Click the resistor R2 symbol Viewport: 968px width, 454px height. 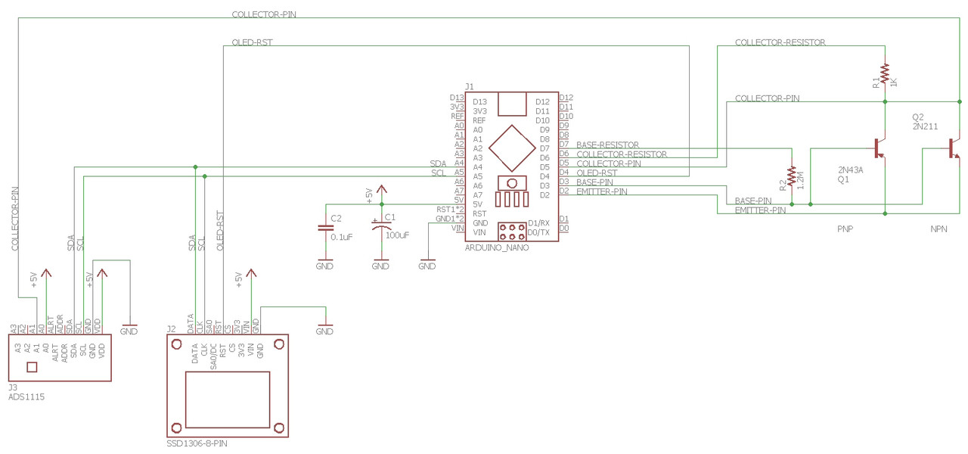pos(792,176)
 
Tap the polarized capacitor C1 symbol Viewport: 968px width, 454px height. pos(380,225)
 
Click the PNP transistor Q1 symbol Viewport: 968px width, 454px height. pos(880,148)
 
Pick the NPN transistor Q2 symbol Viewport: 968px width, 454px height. pos(954,148)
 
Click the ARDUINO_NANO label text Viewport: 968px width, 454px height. pos(496,247)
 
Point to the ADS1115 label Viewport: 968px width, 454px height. pos(26,396)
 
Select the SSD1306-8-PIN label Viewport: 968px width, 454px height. pos(197,443)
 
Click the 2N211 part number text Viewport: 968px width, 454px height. pos(925,127)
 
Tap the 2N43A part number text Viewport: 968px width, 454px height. pos(850,169)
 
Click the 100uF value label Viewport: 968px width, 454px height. pos(397,235)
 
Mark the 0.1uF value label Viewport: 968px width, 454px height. pos(342,237)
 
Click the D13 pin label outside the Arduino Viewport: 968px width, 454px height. pos(456,98)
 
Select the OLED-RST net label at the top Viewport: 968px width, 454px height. pos(252,43)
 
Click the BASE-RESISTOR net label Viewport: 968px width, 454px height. pos(607,145)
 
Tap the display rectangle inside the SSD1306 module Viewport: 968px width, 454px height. pos(228,400)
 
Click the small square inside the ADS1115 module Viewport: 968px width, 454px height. pos(32,368)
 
